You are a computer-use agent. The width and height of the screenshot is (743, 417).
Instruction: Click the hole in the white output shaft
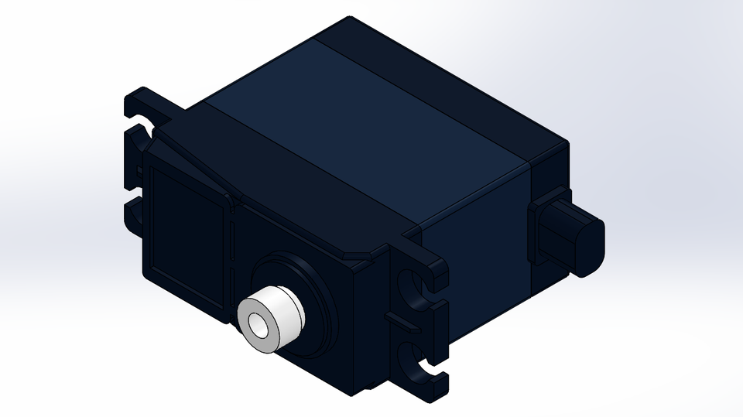pos(258,329)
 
